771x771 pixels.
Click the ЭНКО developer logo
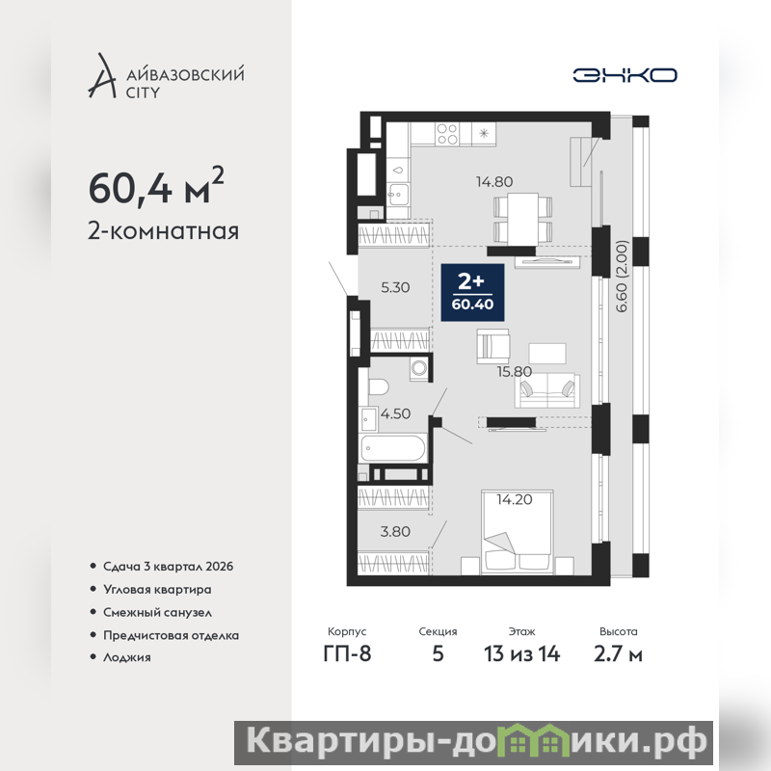point(625,75)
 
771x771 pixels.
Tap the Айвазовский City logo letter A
point(102,75)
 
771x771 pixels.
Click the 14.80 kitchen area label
point(494,182)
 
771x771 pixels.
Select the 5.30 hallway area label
point(395,287)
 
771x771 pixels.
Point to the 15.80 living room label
point(515,371)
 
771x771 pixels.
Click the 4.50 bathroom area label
point(395,413)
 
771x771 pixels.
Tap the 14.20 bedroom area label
point(515,499)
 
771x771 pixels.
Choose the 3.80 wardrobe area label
point(395,532)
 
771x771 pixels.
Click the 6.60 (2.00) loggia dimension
point(622,277)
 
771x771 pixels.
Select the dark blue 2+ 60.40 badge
point(472,293)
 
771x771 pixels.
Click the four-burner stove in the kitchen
point(447,134)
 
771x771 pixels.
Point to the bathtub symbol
point(392,449)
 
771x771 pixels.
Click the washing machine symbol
point(419,369)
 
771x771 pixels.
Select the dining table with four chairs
point(522,219)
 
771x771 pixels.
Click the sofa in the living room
point(546,390)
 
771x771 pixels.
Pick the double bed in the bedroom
point(518,532)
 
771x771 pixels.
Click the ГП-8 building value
point(347,654)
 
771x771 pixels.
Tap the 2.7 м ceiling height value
point(618,654)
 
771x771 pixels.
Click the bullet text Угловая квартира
point(157,590)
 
